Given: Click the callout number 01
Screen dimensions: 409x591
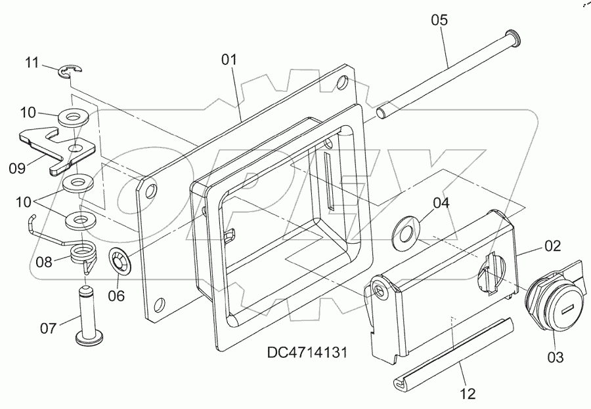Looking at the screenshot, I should pos(228,60).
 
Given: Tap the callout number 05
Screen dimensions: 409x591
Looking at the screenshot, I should pos(439,20).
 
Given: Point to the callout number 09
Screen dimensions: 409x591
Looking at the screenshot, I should pos(17,168).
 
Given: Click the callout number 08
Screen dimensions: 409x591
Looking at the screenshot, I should pos(44,262).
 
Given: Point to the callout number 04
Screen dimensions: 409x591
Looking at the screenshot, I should pos(441,203).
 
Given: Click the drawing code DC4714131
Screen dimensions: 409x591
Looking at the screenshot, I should pos(307,352).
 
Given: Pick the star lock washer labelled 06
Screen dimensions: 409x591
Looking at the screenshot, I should pos(120,260).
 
